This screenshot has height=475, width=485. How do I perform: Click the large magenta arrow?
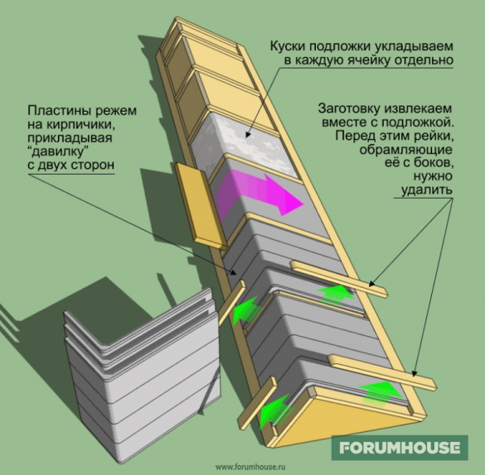point(259,194)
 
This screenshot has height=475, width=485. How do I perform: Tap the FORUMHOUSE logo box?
point(400,448)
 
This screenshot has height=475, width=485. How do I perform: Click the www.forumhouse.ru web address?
point(250,467)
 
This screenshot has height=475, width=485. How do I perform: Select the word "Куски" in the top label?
point(288,46)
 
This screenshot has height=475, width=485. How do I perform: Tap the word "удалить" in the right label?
point(427,190)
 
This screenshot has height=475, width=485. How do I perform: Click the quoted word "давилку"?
point(56,151)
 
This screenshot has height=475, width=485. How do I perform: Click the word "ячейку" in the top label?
point(371,60)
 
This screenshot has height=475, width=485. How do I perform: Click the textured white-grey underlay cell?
point(245,142)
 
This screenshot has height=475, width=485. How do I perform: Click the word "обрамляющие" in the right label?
point(405,150)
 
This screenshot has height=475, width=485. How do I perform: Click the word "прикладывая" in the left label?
point(70,138)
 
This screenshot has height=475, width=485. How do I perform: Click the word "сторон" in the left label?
point(93,165)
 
